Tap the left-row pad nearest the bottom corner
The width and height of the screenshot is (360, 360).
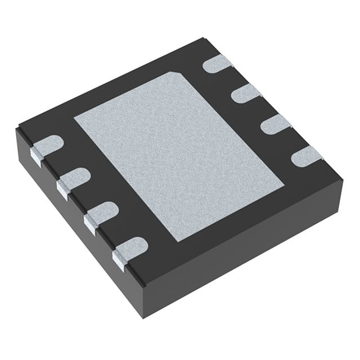(x=130, y=247)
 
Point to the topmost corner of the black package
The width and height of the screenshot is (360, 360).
(x=203, y=39)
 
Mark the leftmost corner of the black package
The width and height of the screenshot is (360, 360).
(x=17, y=129)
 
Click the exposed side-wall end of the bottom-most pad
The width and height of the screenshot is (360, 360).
(x=119, y=257)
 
